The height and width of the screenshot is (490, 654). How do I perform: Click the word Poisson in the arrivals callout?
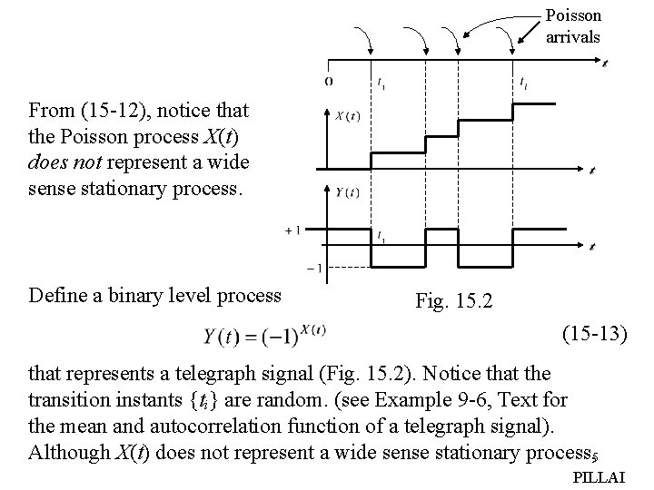[573, 15]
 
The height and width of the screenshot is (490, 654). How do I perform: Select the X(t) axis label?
[347, 115]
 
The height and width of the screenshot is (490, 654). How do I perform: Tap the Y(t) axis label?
[347, 191]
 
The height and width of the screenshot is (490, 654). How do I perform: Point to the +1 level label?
[293, 230]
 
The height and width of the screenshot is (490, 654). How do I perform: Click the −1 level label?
[313, 267]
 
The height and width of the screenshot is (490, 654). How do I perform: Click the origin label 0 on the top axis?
[328, 82]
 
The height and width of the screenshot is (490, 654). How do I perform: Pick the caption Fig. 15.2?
[452, 299]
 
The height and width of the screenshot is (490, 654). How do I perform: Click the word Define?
[59, 295]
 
